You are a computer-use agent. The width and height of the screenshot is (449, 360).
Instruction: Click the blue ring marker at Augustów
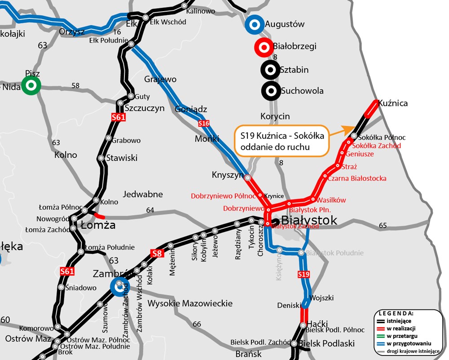point(254,25)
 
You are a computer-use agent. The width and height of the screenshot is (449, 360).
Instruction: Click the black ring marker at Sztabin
point(270,70)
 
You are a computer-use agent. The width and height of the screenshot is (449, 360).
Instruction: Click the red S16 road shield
point(204,123)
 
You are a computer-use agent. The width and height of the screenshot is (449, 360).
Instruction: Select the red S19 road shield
point(304,274)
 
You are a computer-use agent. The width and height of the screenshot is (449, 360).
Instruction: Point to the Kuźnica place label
point(393,103)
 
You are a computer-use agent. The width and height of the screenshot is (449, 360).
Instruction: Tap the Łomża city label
point(97,225)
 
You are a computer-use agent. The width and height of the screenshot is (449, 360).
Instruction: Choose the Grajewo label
point(160,80)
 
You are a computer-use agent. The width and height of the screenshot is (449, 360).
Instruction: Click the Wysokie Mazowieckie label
point(190,303)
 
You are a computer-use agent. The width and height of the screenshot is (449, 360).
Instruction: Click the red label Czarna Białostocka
point(357,178)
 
